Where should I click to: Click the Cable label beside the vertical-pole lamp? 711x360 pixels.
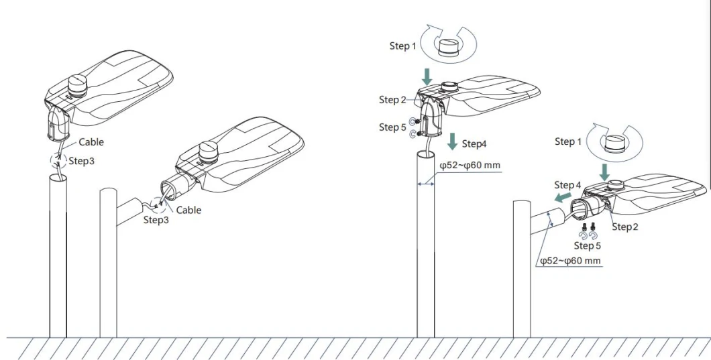pyautogui.click(x=91, y=142)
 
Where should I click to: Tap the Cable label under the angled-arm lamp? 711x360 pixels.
pyautogui.click(x=188, y=210)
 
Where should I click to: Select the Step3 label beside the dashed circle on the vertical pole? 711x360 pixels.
pyautogui.click(x=82, y=162)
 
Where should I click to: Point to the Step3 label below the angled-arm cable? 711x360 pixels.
pyautogui.click(x=156, y=220)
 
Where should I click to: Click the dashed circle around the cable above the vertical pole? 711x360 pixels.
pyautogui.click(x=59, y=160)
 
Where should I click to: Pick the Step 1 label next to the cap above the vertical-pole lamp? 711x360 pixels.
pyautogui.click(x=403, y=46)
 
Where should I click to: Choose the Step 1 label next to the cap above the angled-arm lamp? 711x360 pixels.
pyautogui.click(x=568, y=141)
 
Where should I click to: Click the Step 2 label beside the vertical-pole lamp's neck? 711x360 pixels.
pyautogui.click(x=392, y=100)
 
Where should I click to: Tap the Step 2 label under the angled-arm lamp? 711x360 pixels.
pyautogui.click(x=624, y=227)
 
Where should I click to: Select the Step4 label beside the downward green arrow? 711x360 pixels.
pyautogui.click(x=474, y=144)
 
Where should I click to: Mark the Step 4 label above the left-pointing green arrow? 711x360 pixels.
pyautogui.click(x=567, y=185)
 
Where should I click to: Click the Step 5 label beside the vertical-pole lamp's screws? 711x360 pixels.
pyautogui.click(x=392, y=127)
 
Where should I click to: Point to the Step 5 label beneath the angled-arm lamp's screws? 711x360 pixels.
pyautogui.click(x=588, y=246)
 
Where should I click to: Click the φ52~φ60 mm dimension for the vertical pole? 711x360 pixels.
pyautogui.click(x=470, y=166)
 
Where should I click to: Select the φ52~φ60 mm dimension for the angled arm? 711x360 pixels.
pyautogui.click(x=570, y=260)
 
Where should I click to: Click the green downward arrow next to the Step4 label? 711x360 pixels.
pyautogui.click(x=453, y=141)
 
